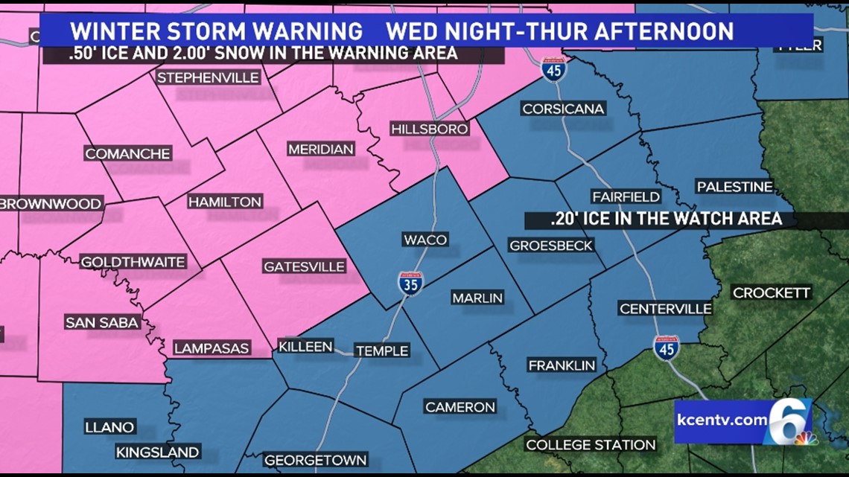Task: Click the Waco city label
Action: [425, 240]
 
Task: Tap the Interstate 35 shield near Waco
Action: [410, 284]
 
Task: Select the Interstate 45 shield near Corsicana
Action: [553, 69]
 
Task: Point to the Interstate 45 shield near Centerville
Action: [666, 348]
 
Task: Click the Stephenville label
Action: [208, 77]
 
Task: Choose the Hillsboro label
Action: [430, 129]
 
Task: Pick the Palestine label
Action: [734, 186]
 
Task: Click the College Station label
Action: [591, 445]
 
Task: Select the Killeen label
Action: [305, 347]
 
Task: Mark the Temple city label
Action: [382, 350]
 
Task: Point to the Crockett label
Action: [772, 292]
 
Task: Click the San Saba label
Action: [102, 322]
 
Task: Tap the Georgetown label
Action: [315, 459]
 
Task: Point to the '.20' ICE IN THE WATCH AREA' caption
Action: [666, 219]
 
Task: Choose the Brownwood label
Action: [51, 203]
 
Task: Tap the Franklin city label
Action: [562, 365]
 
